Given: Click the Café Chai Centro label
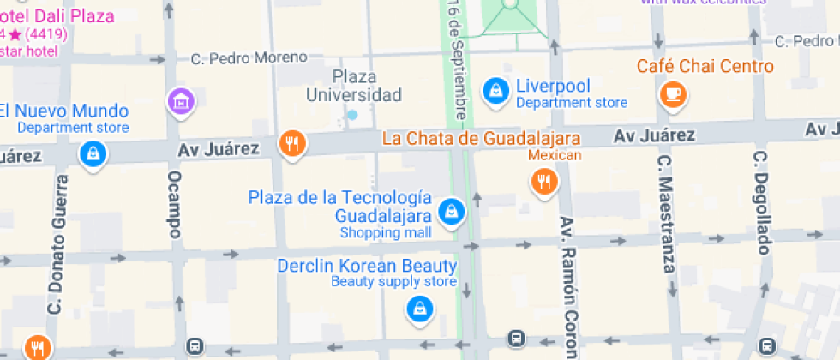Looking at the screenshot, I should (705, 66).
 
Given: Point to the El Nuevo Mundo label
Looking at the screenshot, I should (65, 111).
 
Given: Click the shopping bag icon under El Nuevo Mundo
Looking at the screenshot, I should (92, 153).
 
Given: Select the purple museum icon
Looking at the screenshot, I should (181, 101).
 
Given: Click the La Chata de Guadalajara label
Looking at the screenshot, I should (482, 138).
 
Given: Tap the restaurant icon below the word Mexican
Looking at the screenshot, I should (543, 180).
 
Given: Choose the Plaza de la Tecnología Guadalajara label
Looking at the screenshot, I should (339, 206).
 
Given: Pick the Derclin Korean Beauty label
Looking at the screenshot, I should (367, 266).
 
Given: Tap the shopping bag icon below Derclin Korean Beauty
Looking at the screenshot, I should (419, 309).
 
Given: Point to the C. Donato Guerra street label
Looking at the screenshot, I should (58, 244).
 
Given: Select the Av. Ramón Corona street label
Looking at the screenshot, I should (569, 287).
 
